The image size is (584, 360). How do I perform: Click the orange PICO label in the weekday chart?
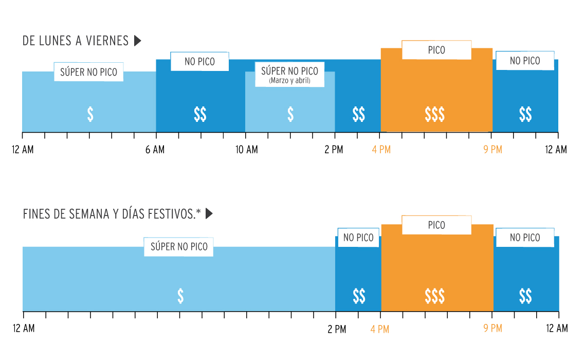[436, 50]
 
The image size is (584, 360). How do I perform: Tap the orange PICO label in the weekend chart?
[436, 225]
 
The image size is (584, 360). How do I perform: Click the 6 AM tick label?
[155, 150]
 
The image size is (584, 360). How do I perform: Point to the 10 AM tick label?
[247, 150]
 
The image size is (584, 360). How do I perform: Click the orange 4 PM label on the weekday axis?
[381, 150]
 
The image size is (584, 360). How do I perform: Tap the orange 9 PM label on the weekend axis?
[492, 328]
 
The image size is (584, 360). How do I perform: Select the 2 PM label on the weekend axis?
[337, 329]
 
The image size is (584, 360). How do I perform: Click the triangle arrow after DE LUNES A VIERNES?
[137, 41]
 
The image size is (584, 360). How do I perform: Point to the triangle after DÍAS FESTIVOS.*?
[209, 214]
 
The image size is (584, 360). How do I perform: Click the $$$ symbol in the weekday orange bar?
[435, 115]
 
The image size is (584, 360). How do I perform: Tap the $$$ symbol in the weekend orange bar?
[435, 296]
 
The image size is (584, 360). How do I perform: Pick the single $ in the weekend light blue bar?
[180, 296]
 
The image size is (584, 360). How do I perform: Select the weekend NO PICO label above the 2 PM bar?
[358, 238]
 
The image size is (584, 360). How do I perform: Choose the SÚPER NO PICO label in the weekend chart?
[179, 247]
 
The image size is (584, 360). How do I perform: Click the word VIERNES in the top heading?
[108, 41]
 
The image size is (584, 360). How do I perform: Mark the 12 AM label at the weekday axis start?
[23, 150]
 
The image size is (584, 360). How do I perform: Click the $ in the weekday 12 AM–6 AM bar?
[90, 114]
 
